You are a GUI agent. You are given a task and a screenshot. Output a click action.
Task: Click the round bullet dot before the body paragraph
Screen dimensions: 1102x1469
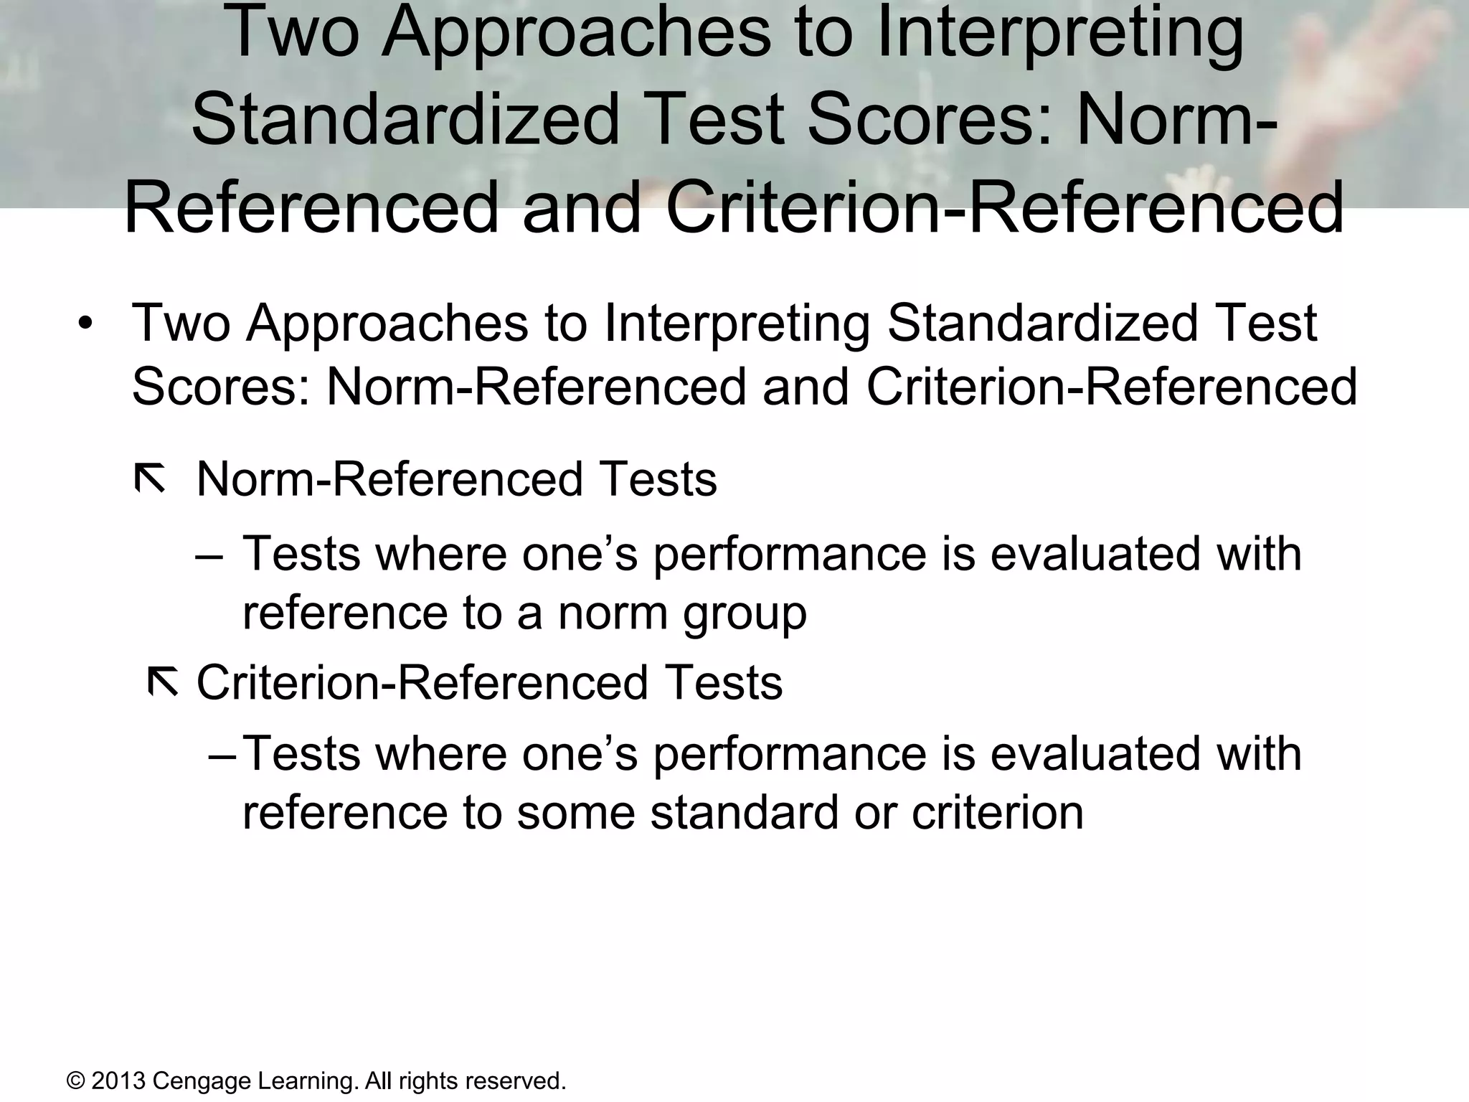coord(86,323)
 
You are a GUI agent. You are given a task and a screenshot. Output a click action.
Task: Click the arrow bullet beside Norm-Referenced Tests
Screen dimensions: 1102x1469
coord(151,479)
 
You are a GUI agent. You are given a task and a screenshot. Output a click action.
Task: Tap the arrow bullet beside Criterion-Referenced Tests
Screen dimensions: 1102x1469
coord(163,682)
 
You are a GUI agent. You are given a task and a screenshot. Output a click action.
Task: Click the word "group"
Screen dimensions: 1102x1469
coord(745,616)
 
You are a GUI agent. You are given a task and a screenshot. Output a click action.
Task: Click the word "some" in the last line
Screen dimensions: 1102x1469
coord(576,813)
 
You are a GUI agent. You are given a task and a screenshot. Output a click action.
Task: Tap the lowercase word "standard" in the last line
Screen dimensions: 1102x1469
coord(745,813)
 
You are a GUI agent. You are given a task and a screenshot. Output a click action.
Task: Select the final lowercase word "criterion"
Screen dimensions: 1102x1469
coord(997,813)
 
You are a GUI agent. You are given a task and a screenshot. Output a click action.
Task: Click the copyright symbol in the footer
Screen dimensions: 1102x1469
coord(75,1080)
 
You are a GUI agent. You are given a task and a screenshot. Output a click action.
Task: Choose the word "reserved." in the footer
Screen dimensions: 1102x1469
coord(516,1080)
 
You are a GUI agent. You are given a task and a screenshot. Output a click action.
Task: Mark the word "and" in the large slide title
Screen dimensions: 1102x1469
coord(582,208)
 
